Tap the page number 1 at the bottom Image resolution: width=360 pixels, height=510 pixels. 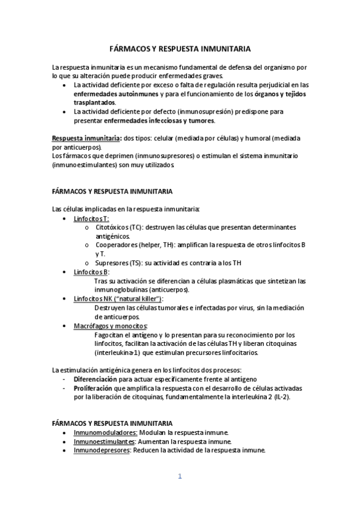179,477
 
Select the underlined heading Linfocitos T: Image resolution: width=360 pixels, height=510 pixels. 91,219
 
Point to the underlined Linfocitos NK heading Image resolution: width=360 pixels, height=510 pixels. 118,299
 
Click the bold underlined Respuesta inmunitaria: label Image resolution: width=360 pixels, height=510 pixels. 87,138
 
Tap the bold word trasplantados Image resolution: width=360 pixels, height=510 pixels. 94,103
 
